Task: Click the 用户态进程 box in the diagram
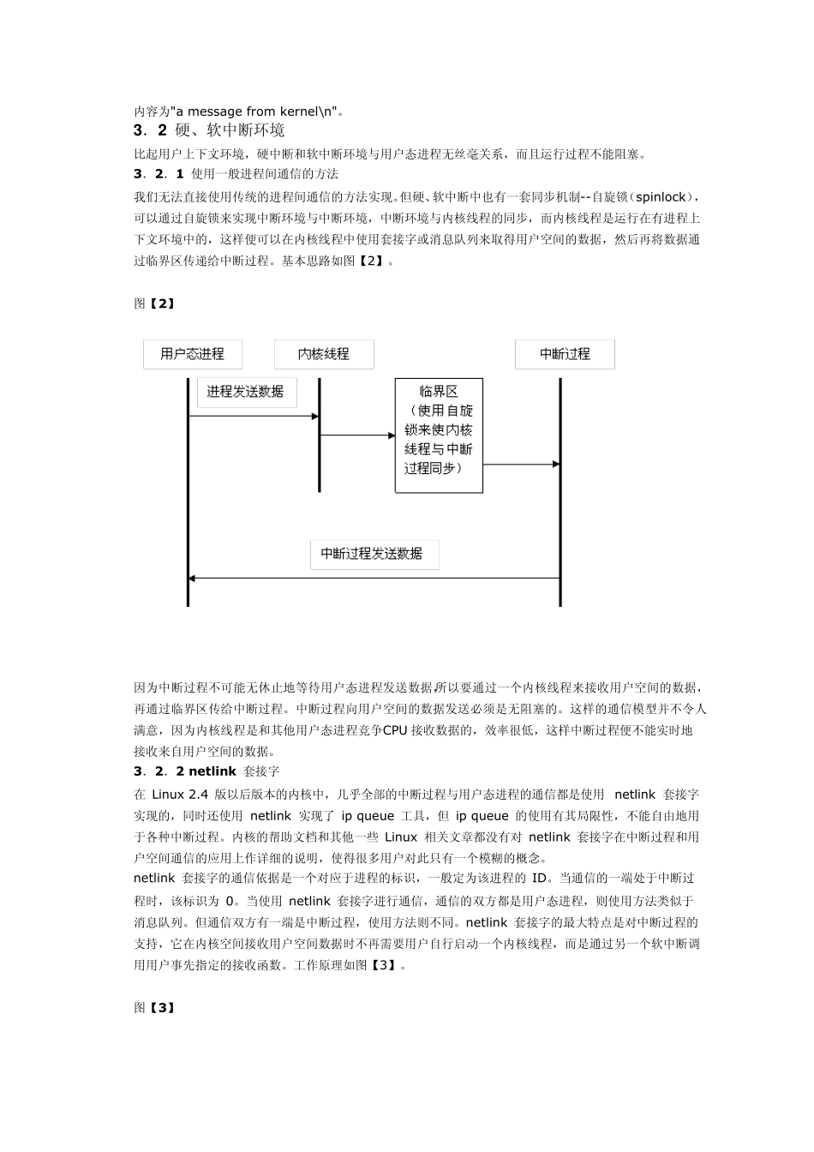tap(192, 354)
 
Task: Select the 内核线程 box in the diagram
tap(324, 354)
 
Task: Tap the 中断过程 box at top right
tap(565, 354)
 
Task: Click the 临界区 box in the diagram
tap(439, 435)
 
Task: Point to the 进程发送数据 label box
tap(246, 392)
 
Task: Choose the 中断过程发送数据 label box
tap(374, 554)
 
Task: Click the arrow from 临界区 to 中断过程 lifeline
tap(521, 465)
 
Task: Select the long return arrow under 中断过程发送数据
tap(374, 579)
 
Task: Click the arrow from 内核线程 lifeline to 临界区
tap(357, 435)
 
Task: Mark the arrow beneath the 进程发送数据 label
tap(254, 417)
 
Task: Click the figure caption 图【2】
tap(154, 303)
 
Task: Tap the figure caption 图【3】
tap(154, 1008)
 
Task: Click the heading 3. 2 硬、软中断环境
tap(209, 130)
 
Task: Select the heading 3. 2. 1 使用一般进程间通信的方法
tap(236, 174)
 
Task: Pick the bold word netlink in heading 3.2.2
tap(212, 771)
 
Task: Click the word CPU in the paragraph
tap(395, 730)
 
